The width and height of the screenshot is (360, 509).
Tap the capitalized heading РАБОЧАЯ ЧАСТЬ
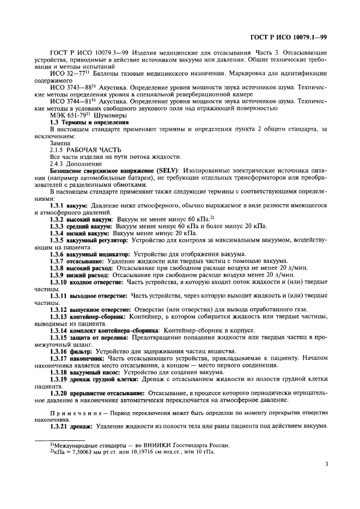click(93, 150)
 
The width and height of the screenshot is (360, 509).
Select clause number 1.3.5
click(59, 240)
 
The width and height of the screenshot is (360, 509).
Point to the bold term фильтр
click(80, 351)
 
